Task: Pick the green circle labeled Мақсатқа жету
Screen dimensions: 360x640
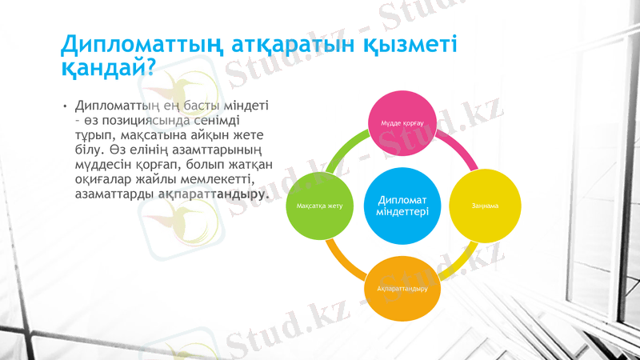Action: (x=319, y=206)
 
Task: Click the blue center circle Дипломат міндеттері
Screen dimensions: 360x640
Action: (x=402, y=206)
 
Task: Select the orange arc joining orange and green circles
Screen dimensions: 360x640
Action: (x=343, y=265)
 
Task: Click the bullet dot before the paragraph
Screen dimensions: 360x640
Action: (x=66, y=106)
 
